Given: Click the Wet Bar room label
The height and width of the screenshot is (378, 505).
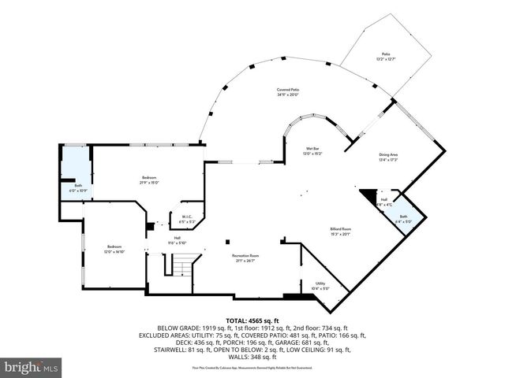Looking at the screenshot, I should tap(312, 148).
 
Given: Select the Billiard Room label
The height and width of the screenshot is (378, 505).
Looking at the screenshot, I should tap(340, 229).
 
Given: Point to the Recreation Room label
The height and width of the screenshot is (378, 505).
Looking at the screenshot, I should tap(245, 256).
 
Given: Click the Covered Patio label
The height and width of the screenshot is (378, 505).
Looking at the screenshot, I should tap(287, 90).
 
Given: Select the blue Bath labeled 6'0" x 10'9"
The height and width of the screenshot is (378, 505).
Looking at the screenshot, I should tap(78, 188).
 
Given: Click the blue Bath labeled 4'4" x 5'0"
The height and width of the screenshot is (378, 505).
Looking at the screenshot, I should tap(403, 219).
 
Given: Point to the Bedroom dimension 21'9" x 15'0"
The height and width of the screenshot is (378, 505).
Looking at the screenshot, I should tap(150, 182).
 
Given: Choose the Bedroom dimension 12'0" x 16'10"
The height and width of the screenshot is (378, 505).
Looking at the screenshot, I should tap(115, 253).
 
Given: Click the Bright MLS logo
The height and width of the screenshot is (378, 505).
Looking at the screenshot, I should tap(32, 367).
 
